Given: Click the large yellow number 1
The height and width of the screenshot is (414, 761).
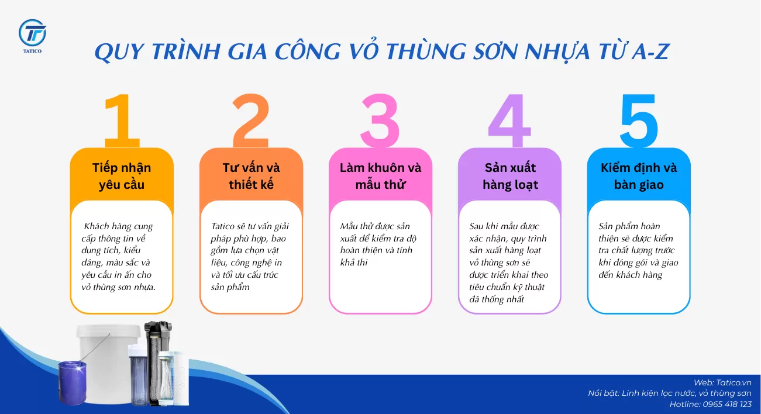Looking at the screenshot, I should click(122, 121).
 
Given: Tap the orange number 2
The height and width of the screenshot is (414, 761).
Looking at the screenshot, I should click(251, 121).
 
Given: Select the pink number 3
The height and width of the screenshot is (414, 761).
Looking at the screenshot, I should click(380, 121).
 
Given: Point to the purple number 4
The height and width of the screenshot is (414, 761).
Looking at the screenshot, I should click(509, 121).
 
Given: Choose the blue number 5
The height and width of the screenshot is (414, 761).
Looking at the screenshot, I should click(639, 121).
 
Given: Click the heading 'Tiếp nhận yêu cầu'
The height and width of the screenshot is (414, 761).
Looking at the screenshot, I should click(122, 176).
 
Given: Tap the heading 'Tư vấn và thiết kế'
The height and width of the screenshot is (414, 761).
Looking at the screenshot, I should click(251, 176).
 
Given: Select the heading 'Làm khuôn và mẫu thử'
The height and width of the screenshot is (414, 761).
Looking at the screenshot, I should click(380, 176).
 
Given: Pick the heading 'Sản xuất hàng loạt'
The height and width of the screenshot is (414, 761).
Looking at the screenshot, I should click(509, 176).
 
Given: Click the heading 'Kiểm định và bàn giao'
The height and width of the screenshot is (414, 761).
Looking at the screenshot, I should click(639, 176).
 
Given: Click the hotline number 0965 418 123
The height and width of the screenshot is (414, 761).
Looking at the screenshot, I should click(722, 404).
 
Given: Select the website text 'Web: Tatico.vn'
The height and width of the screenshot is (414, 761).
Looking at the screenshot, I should click(722, 382).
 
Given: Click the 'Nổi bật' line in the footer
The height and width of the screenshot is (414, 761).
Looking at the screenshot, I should click(670, 393).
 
